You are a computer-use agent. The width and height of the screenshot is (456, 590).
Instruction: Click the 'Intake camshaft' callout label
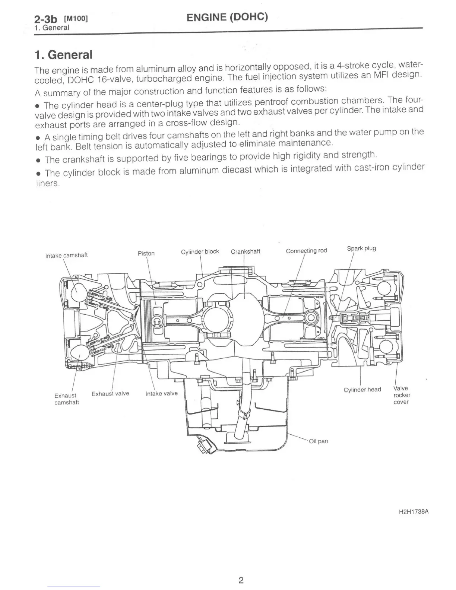pos(66,255)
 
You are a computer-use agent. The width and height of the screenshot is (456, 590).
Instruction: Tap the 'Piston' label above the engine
pos(146,253)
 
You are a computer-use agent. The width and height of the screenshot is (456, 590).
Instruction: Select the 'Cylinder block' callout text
pos(200,251)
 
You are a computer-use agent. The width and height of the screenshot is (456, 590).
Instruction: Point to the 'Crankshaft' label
pos(246,251)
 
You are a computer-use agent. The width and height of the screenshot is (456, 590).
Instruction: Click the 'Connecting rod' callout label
pos(306,251)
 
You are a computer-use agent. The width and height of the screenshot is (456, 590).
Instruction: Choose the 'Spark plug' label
pos(361,248)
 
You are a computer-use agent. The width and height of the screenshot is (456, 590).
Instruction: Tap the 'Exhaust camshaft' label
pos(66,399)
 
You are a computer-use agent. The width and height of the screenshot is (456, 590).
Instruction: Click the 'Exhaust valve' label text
pos(110,393)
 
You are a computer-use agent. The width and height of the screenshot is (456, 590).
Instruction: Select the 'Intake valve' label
pos(161,393)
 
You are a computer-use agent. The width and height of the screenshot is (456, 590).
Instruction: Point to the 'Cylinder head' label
pos(362,390)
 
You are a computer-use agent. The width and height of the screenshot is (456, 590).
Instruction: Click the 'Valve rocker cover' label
pos(402,395)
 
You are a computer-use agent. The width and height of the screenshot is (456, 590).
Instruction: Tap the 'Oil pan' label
pos(319,441)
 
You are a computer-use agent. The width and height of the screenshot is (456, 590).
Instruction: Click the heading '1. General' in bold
pos(63,55)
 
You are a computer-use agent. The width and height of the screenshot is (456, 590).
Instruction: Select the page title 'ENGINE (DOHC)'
pos(227,17)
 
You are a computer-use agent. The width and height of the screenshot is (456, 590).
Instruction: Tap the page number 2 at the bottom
pos(241,580)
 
